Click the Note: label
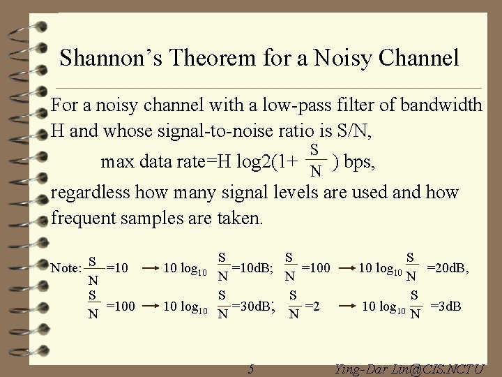67,267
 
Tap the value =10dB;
253,267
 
